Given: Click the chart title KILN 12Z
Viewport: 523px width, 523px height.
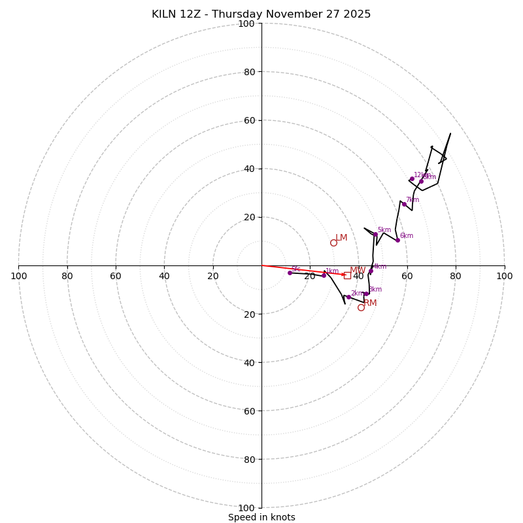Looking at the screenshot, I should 261,14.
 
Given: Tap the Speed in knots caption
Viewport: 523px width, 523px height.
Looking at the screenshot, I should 261,517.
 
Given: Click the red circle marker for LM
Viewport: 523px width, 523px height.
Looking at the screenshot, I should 333,243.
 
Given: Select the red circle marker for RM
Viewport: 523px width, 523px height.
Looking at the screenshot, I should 361,307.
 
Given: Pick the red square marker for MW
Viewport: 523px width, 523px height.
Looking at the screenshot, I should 348,275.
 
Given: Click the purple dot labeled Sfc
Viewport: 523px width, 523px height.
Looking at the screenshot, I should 290,273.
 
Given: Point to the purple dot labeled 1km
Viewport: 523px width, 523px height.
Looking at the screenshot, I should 324,275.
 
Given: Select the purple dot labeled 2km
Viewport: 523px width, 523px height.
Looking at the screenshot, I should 348,297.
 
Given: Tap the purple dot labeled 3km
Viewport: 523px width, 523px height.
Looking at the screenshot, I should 366,293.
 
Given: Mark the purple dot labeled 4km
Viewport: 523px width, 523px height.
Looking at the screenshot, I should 371,271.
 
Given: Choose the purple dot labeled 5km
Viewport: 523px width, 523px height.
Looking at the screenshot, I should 375,234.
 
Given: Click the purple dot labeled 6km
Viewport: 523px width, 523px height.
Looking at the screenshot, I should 397,240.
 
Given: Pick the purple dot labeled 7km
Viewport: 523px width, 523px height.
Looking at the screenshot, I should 404,204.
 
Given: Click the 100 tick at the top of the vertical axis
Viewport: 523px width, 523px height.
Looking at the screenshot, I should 246,24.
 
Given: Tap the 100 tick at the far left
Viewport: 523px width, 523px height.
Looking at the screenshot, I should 18,276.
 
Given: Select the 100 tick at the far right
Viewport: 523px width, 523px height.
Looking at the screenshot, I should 504,276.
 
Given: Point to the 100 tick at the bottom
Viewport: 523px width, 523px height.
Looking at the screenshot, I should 246,507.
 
